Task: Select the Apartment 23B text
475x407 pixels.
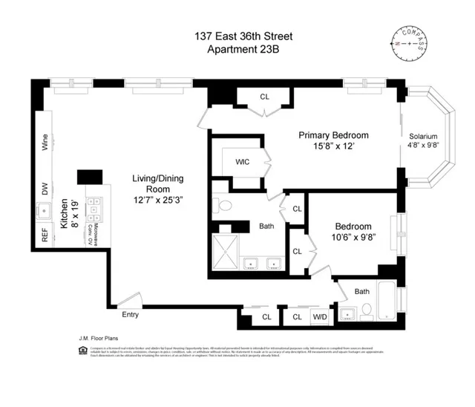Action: click(x=237, y=49)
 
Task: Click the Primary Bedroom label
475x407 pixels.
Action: click(x=333, y=135)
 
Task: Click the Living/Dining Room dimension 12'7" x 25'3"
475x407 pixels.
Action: click(x=146, y=200)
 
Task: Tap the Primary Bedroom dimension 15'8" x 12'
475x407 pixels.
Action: click(x=333, y=147)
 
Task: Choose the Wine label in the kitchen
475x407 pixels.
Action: click(x=45, y=143)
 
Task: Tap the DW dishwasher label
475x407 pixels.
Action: click(x=45, y=191)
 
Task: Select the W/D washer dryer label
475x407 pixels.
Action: click(x=319, y=318)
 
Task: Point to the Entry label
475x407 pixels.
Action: click(x=130, y=314)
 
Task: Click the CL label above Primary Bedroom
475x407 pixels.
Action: click(x=265, y=97)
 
